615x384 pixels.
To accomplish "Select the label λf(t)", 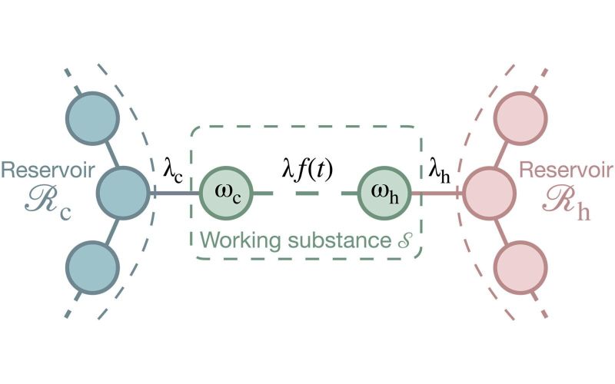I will pyautogui.click(x=306, y=168).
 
